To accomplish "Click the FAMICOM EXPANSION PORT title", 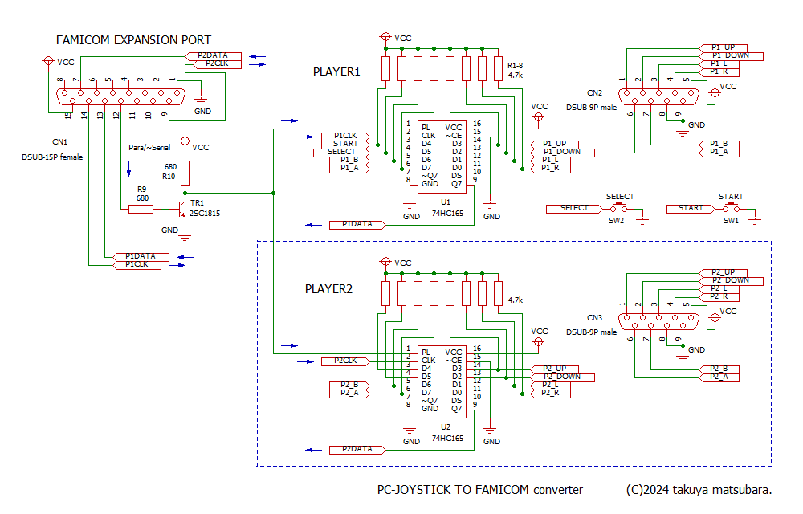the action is [133, 40].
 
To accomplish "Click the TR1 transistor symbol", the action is [181, 209].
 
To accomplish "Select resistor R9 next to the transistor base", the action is [141, 209].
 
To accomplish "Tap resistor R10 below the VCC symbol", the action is [185, 173].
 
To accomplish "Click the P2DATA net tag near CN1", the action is [213, 55].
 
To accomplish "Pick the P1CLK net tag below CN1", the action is [137, 265].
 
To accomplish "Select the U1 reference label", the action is [446, 202].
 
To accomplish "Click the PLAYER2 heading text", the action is [328, 289].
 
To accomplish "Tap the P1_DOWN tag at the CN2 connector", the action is [731, 55].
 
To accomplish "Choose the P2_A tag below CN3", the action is [719, 377].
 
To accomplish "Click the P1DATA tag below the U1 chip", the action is [357, 225].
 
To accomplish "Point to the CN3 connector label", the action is [594, 318].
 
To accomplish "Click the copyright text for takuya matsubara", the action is [699, 490].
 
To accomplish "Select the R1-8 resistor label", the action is [516, 66].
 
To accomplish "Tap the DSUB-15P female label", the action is [52, 157].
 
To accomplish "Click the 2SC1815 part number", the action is [205, 214].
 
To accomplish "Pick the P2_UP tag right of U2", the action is [554, 369].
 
